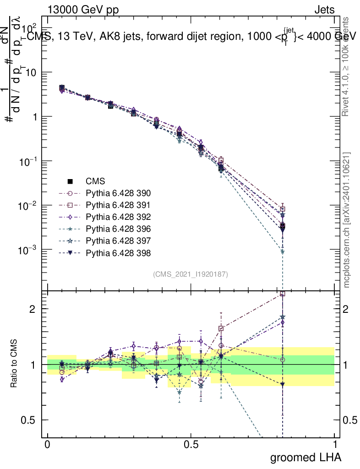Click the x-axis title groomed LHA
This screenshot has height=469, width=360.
306,457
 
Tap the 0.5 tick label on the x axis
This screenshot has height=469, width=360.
191,445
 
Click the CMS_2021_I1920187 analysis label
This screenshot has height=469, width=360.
191,274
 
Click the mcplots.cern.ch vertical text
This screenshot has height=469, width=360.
347,220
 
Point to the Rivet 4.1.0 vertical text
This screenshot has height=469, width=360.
347,66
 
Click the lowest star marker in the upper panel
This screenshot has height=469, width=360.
283,251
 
